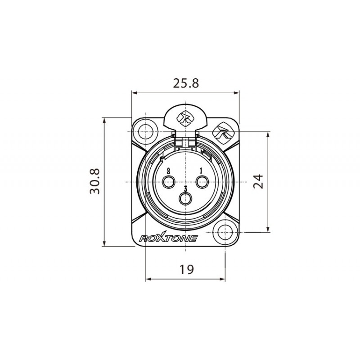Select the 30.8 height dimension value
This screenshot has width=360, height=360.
(x=95, y=182)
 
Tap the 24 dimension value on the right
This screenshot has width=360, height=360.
(x=257, y=182)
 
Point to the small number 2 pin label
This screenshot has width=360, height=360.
(x=168, y=171)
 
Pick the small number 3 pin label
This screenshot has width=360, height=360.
(x=185, y=188)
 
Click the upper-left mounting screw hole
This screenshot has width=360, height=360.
(x=144, y=131)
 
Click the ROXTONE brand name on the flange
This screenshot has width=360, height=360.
(x=168, y=238)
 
